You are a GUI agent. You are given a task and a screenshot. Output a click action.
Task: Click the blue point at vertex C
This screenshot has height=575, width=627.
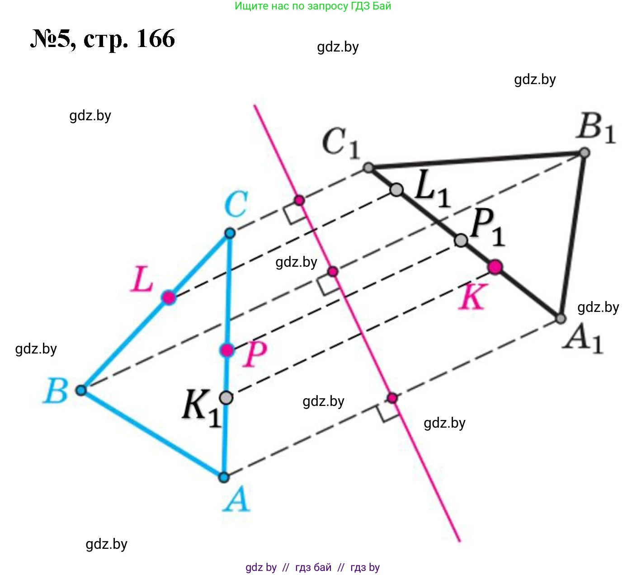(x=230, y=233)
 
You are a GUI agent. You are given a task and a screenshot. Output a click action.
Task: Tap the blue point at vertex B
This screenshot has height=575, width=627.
(x=81, y=390)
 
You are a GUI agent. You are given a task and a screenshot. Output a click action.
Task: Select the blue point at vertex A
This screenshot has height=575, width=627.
(x=224, y=477)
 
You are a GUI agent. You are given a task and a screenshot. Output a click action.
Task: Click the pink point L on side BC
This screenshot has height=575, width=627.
(x=169, y=297)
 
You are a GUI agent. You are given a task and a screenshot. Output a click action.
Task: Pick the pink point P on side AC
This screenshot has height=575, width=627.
(x=227, y=350)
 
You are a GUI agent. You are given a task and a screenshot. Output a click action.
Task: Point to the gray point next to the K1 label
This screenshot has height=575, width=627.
(x=226, y=397)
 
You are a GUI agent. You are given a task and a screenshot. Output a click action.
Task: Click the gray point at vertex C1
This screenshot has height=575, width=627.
(x=368, y=168)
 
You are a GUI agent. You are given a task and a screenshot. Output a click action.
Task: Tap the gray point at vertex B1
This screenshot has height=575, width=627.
(x=585, y=153)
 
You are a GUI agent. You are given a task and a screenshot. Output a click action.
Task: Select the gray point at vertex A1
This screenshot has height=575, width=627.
(x=561, y=319)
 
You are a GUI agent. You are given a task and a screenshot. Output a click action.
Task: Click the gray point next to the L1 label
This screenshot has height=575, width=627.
(x=396, y=190)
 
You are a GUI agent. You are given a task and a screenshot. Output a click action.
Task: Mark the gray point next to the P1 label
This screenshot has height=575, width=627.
(x=461, y=240)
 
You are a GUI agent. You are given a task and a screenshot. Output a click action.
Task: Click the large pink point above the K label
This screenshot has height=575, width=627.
(x=495, y=267)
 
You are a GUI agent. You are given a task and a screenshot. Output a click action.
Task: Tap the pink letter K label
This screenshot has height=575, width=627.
(x=473, y=297)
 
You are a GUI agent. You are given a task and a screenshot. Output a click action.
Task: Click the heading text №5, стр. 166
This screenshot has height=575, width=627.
(x=103, y=39)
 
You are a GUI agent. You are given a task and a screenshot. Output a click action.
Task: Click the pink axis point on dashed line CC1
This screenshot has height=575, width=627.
(x=299, y=200)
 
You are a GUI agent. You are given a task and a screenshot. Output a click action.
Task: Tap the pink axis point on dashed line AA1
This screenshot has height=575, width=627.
(x=392, y=398)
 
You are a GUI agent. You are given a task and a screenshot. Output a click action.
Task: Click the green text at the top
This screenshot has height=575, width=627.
(x=313, y=6)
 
